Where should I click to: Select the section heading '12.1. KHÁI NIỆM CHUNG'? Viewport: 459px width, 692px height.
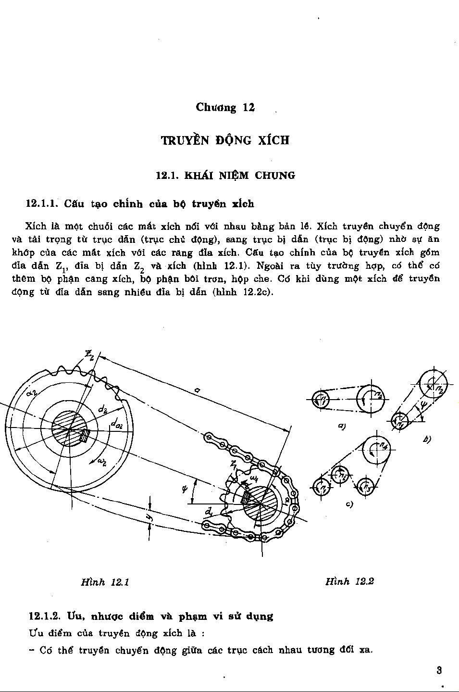(x=225, y=176)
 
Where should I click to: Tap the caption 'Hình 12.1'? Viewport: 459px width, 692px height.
(x=105, y=582)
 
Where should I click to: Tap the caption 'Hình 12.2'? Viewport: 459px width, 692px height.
(x=349, y=581)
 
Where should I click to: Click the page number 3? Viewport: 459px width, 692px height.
(x=439, y=670)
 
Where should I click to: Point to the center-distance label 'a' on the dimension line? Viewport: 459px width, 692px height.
(x=198, y=391)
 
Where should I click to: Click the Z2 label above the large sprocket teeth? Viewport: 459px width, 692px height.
(x=90, y=355)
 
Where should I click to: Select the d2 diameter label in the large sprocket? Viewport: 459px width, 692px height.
(x=102, y=410)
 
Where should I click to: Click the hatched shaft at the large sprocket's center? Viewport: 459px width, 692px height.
(x=70, y=429)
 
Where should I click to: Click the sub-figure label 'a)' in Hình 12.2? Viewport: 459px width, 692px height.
(x=342, y=426)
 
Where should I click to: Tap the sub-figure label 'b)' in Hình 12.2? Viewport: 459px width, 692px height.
(x=426, y=439)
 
